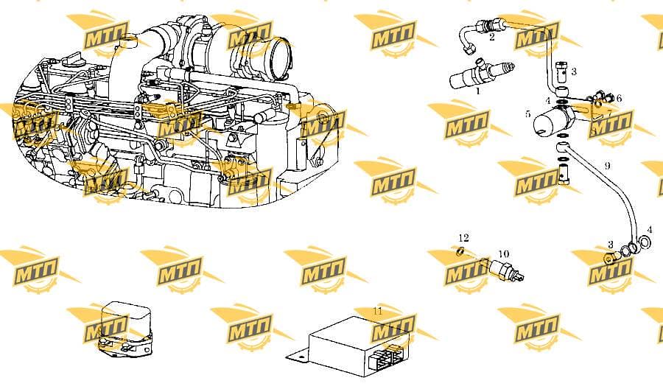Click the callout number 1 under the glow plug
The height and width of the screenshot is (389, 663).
click(x=478, y=91)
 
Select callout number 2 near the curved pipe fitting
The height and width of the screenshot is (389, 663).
click(x=492, y=38)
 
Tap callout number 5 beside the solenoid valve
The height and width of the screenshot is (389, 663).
click(x=527, y=113)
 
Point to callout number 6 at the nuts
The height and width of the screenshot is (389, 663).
click(x=619, y=99)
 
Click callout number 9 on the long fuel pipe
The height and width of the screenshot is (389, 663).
click(x=607, y=165)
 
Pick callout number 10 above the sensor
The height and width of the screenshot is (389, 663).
click(x=504, y=254)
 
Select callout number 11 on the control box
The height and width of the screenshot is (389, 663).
click(x=378, y=311)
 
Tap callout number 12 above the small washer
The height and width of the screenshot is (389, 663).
click(x=463, y=238)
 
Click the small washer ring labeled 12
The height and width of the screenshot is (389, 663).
click(x=460, y=252)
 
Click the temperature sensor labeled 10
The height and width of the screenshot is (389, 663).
click(x=505, y=270)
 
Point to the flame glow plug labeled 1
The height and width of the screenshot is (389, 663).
click(x=482, y=73)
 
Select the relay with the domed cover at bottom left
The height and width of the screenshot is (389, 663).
click(x=126, y=328)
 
